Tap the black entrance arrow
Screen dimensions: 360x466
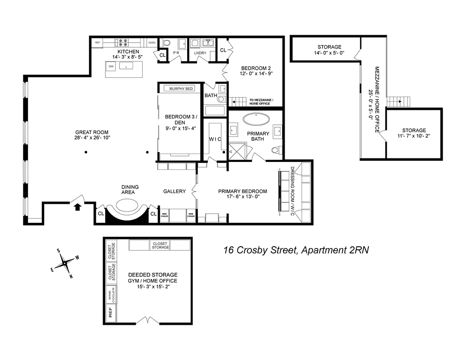(x=77, y=207)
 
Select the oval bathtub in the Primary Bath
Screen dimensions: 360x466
(x=257, y=120)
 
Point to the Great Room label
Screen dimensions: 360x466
(x=92, y=135)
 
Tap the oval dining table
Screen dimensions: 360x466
(x=127, y=206)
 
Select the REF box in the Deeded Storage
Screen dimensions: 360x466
(x=110, y=312)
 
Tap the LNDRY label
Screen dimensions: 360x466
(x=200, y=53)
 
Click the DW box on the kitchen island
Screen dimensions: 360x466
(x=111, y=66)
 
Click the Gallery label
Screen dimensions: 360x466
(x=174, y=191)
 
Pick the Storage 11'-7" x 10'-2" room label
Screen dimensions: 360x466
(x=414, y=134)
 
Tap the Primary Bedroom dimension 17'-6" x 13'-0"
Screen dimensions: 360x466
(x=242, y=197)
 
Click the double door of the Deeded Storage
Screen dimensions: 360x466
(x=148, y=321)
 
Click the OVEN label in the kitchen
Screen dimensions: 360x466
(x=152, y=42)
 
